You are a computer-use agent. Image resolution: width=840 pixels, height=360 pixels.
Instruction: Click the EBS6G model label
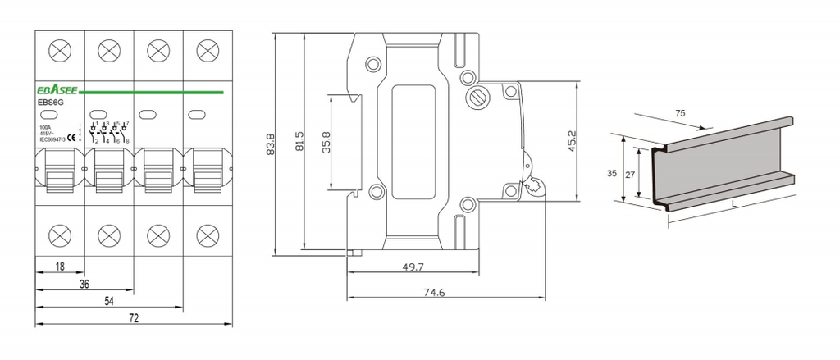pos(51,103)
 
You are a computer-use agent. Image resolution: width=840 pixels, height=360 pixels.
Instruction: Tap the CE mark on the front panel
pos(71,137)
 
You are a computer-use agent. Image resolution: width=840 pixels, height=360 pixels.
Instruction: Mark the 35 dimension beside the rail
pos(613,173)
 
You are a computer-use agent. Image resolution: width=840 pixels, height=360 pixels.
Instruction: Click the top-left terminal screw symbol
pos(60,51)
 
